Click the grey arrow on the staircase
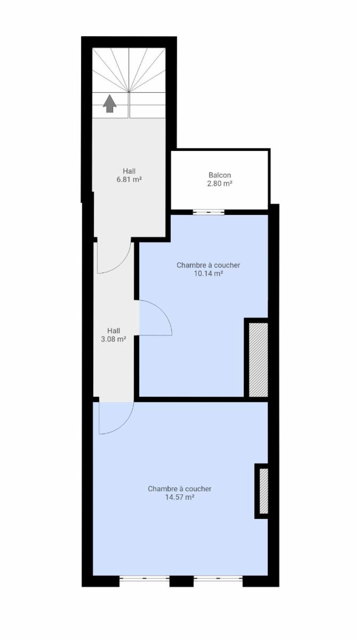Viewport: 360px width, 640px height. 110,103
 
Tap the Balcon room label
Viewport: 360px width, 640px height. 220,175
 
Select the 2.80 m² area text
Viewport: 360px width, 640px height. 219,183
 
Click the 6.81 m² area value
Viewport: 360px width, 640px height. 129,180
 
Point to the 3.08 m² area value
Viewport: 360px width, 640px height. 114,339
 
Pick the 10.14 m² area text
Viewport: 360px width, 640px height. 209,274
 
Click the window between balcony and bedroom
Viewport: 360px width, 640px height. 209,212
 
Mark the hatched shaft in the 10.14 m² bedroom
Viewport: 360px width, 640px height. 258,359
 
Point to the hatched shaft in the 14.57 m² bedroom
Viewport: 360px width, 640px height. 263,491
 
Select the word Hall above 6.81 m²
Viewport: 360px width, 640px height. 129,171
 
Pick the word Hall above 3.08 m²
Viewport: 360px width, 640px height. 114,331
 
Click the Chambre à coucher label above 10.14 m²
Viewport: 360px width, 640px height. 209,265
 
